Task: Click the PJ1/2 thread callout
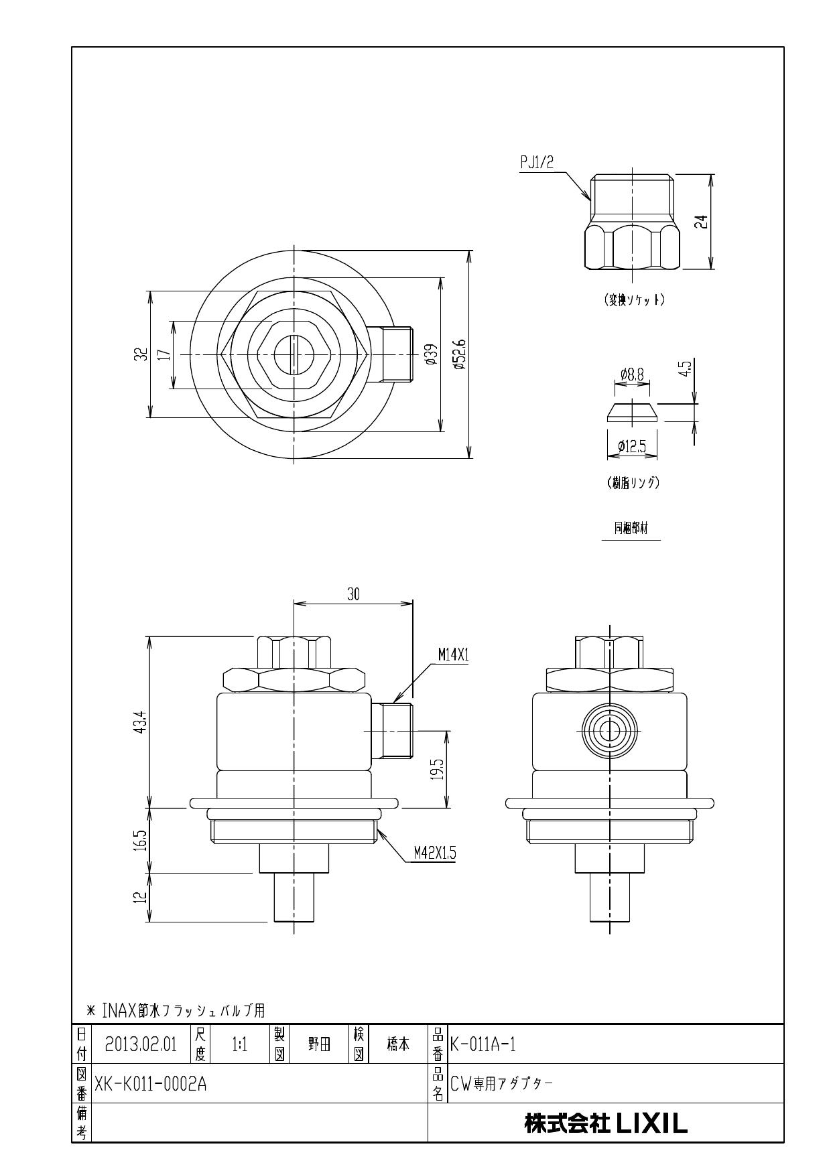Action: (x=537, y=163)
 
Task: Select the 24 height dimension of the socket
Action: (x=701, y=222)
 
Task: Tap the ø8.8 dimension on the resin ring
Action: (x=631, y=375)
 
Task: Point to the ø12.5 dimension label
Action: (x=631, y=445)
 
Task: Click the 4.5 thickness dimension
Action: (x=685, y=368)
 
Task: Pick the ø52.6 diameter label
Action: (x=459, y=354)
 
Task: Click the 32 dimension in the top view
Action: (x=139, y=354)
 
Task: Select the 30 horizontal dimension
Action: (x=353, y=594)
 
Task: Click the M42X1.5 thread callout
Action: (x=434, y=853)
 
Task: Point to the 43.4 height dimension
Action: (x=139, y=721)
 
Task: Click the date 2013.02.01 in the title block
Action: (x=141, y=1044)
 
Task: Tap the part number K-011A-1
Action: (x=483, y=1044)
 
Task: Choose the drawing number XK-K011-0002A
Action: (x=151, y=1083)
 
